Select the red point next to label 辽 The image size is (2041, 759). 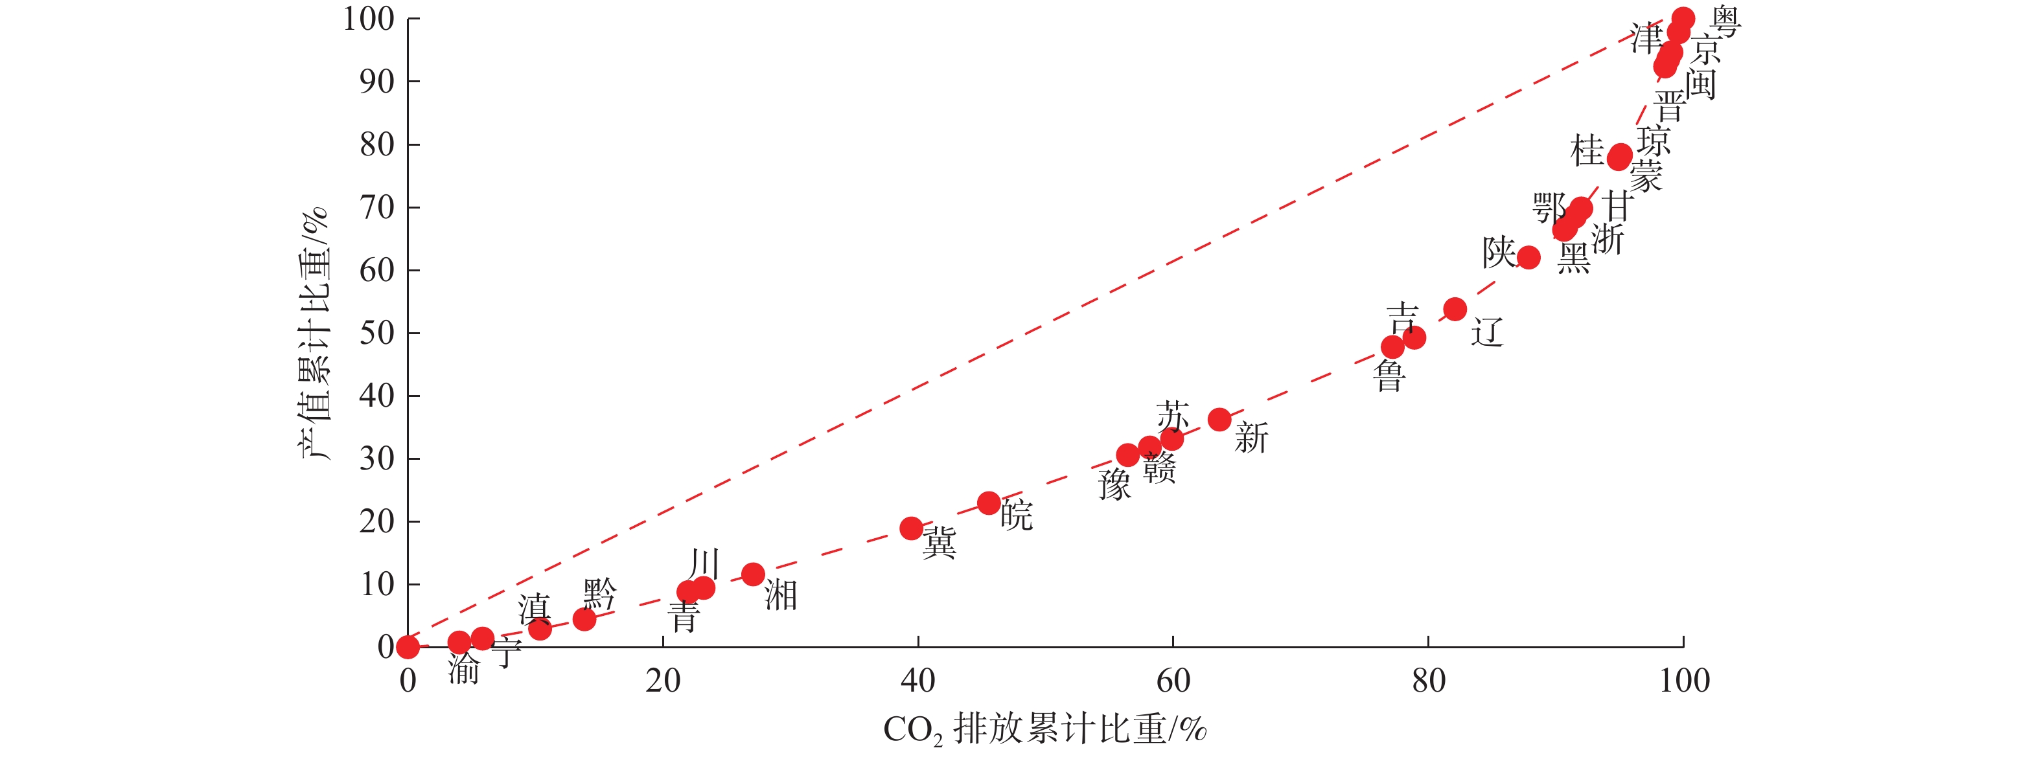coord(1455,309)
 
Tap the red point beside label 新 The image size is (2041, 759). coord(1219,419)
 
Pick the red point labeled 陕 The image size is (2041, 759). coord(1528,258)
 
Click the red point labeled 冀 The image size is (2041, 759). coord(911,528)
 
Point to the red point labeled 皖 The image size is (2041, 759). coord(988,503)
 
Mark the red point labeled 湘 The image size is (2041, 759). coord(753,574)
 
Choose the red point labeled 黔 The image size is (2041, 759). coord(584,618)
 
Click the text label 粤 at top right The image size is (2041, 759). coord(1725,21)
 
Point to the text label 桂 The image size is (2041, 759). coord(1587,150)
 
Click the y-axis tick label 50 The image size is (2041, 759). coord(377,333)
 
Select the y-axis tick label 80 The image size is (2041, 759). coord(377,144)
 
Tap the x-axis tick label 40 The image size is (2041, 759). coord(917,681)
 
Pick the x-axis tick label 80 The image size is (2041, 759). coord(1428,681)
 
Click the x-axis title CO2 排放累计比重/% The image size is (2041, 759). coord(1044,729)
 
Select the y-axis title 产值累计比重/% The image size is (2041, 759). coord(314,333)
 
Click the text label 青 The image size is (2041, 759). coord(684,617)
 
